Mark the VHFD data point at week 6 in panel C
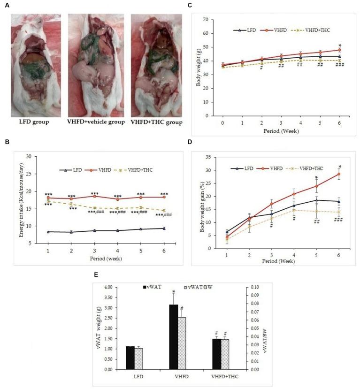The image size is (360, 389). pyautogui.click(x=338, y=50)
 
